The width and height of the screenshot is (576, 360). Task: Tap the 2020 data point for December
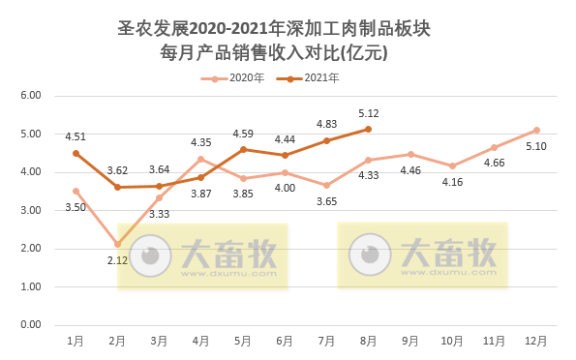pos(536,130)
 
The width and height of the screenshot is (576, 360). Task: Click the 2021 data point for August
pos(369,129)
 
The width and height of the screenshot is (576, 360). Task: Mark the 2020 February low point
pos(118,244)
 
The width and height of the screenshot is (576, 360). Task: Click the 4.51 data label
pos(76,136)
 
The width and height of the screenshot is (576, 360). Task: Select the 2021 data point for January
pos(76,153)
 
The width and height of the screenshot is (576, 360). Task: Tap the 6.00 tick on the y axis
pos(30,96)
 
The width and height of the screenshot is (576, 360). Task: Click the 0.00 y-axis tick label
pos(30,325)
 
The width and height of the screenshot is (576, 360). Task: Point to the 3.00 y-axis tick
pos(30,210)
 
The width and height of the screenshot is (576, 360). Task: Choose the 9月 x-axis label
pos(410,341)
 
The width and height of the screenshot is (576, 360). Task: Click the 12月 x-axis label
pos(535,341)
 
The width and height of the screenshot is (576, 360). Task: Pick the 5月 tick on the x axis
pos(243,341)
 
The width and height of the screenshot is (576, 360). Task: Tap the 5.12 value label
pos(368,112)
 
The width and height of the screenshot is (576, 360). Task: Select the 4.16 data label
pos(452,182)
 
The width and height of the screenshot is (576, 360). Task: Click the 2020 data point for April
pos(201,159)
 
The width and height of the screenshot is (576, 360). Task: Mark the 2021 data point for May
pos(243,149)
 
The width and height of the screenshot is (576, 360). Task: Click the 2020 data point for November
pos(494,147)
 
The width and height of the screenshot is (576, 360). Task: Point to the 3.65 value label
pos(327,201)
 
